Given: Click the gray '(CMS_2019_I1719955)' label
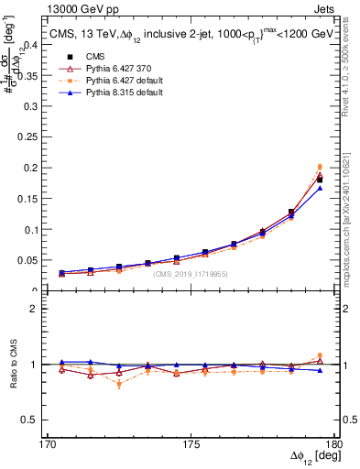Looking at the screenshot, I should [x=191, y=274].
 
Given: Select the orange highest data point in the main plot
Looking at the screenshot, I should [x=320, y=167].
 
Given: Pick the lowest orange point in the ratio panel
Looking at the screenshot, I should [x=119, y=384].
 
